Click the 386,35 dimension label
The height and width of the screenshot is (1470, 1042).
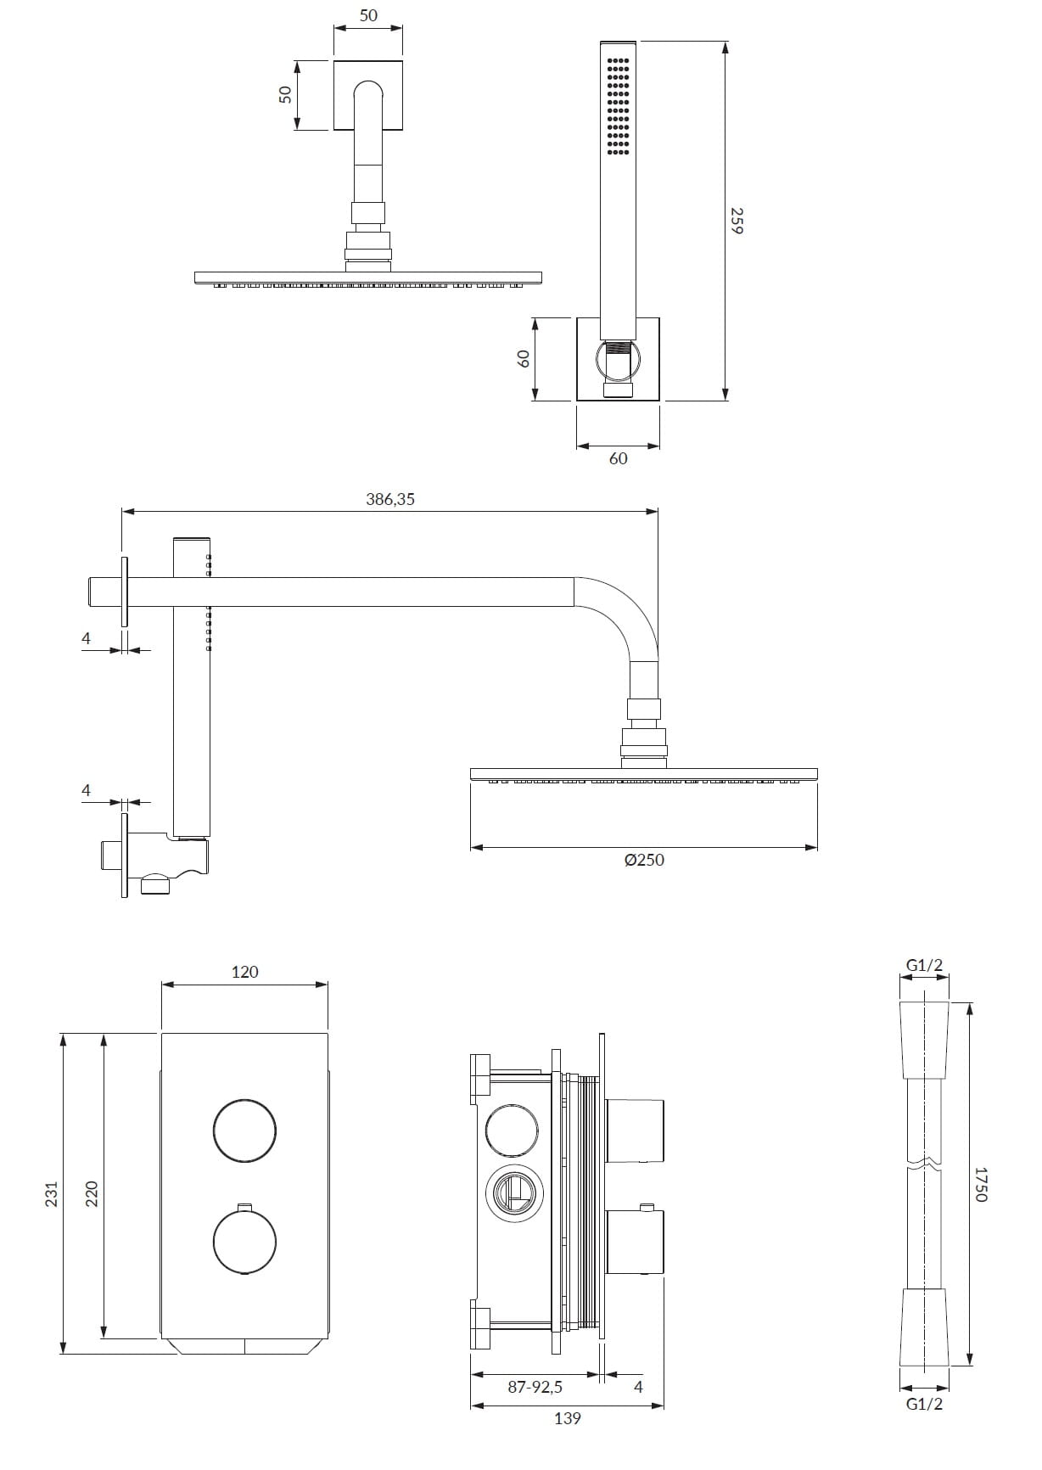(x=390, y=499)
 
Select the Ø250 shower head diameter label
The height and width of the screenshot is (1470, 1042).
(x=644, y=860)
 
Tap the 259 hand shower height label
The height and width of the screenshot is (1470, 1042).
(x=737, y=221)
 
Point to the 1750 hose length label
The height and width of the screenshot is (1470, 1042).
(x=981, y=1183)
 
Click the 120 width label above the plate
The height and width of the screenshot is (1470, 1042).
(x=244, y=972)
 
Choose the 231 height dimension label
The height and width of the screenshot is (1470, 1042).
(x=52, y=1193)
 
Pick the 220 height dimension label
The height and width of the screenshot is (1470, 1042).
(x=92, y=1193)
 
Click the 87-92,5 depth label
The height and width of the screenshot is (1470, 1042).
(x=535, y=1387)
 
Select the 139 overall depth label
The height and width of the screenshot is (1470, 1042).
(x=567, y=1418)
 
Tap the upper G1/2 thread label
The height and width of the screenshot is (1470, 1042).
(x=924, y=965)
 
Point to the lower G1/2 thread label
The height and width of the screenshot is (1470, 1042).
(x=924, y=1404)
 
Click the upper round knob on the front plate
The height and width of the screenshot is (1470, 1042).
(x=244, y=1130)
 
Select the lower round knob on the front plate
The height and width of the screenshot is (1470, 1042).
(x=244, y=1243)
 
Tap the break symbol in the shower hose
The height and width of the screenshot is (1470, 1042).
(x=924, y=1162)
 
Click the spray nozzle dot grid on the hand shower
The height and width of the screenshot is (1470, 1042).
(x=619, y=107)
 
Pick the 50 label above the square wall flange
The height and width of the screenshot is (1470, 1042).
(x=368, y=15)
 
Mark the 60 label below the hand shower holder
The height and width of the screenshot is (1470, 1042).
(x=619, y=458)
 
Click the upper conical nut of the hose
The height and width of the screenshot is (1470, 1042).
(x=924, y=1041)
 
